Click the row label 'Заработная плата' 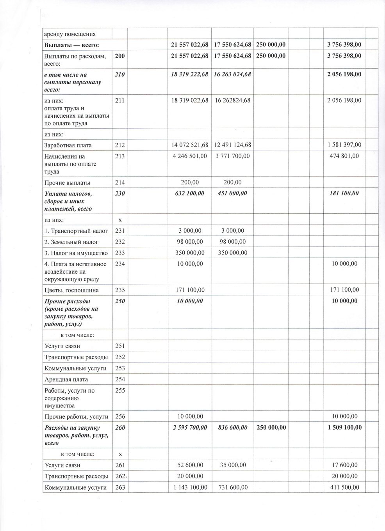pyautogui.click(x=68, y=145)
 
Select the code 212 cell pyautogui.click(x=120, y=145)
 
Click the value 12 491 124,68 pyautogui.click(x=232, y=145)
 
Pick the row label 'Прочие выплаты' pyautogui.click(x=67, y=182)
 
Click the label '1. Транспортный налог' pyautogui.click(x=76, y=231)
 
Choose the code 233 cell pyautogui.click(x=120, y=253)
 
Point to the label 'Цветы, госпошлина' pyautogui.click(x=71, y=290)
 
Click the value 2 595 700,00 pyautogui.click(x=190, y=428)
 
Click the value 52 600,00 pyautogui.click(x=190, y=465)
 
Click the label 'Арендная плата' pyautogui.click(x=66, y=379)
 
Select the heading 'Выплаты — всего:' pyautogui.click(x=71, y=45)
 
